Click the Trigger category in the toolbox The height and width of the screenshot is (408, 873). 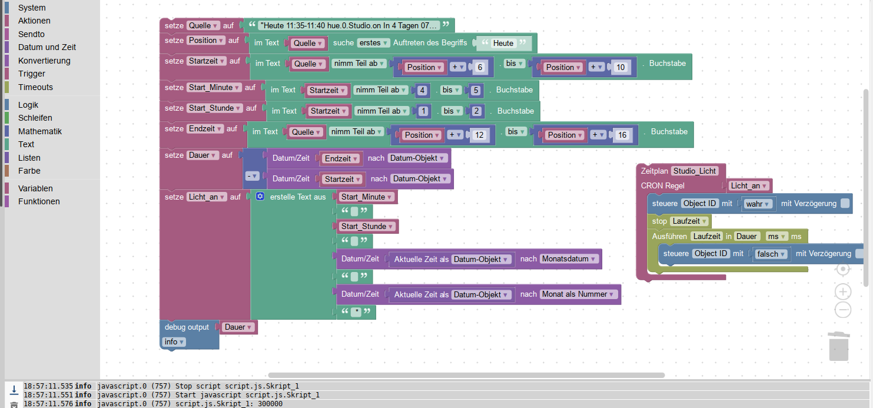tap(31, 74)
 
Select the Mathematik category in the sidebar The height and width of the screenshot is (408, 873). tap(39, 131)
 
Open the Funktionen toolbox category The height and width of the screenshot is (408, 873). tap(39, 201)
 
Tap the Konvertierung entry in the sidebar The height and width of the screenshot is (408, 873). tap(44, 61)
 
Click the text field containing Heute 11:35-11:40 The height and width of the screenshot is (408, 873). tap(349, 26)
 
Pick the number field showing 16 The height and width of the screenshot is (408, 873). tap(622, 135)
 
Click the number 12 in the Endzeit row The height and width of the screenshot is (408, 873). tap(479, 135)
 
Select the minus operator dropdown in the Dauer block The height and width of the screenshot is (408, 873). tap(252, 176)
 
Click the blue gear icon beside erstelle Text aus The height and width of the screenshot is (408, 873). tap(260, 197)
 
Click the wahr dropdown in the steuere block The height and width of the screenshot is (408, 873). tap(758, 204)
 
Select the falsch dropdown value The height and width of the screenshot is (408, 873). tap(771, 254)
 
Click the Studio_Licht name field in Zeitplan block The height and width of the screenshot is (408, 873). tap(695, 171)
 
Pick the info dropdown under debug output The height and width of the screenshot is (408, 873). tap(174, 341)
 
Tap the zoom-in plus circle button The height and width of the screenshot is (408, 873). tap(843, 291)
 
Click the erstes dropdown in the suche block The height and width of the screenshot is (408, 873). tap(374, 43)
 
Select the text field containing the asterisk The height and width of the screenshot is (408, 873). tap(356, 313)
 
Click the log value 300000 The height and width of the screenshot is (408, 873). tap(270, 404)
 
